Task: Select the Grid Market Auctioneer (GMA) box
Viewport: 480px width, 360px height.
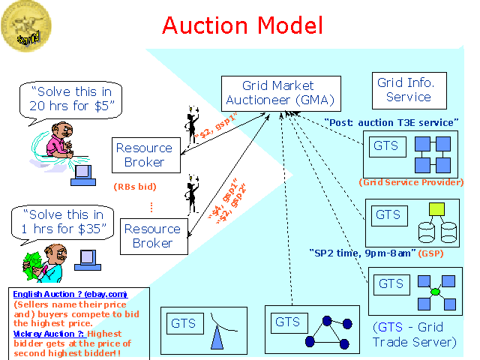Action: (x=278, y=92)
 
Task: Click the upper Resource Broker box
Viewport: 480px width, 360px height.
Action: (x=144, y=154)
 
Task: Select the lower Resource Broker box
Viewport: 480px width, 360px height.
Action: (x=152, y=235)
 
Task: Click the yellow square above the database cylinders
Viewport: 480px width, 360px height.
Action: (x=436, y=209)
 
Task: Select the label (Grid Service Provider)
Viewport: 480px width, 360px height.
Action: (x=412, y=182)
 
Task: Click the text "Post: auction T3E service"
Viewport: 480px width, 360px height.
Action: (x=391, y=122)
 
